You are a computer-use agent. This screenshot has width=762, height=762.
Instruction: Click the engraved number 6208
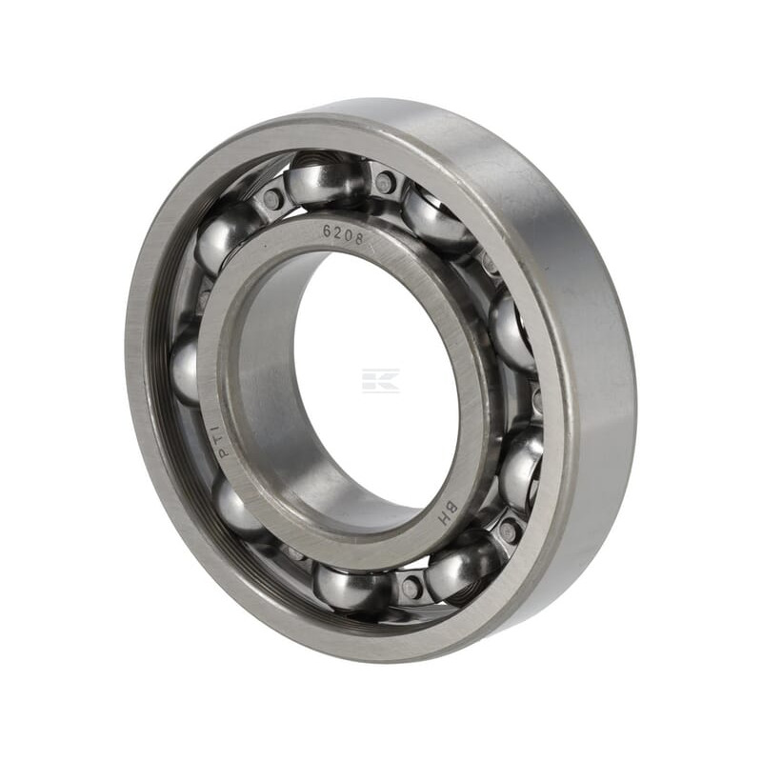coord(344,233)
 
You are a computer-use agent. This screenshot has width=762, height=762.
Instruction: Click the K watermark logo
coord(380,380)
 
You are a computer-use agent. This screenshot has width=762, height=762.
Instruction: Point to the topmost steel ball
coord(325,181)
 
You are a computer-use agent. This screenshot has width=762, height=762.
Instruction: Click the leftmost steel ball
coord(185,367)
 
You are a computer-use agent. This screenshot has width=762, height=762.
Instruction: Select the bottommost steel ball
coord(353,589)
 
